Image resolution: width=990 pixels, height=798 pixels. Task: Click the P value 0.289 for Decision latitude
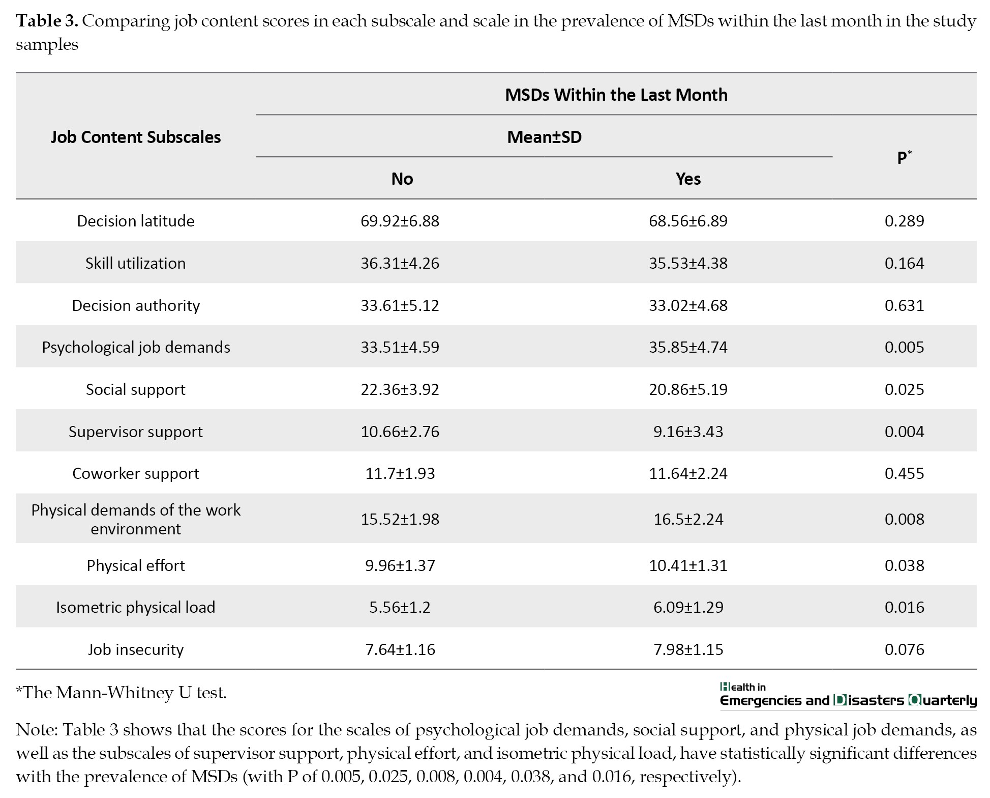point(904,221)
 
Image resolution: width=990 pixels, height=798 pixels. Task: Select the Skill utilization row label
point(136,263)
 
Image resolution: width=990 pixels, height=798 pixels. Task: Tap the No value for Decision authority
point(400,305)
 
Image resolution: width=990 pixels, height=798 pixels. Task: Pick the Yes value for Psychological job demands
point(688,347)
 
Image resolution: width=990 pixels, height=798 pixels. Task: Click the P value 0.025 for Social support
point(904,389)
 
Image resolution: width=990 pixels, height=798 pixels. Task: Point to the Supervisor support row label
point(136,432)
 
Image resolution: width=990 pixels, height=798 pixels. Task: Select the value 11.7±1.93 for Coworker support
point(400,473)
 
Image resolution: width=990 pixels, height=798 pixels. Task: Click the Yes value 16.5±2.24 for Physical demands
point(688,519)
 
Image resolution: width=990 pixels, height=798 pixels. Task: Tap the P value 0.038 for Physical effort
point(904,565)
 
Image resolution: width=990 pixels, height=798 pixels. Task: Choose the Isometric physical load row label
point(136,607)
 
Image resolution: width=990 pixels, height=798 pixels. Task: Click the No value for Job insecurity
point(400,649)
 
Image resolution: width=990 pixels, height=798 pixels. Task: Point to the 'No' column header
point(402,179)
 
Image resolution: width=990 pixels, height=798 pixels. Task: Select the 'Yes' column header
point(688,179)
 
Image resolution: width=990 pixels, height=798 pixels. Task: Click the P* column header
point(904,157)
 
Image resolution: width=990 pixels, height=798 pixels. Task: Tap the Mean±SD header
point(544,137)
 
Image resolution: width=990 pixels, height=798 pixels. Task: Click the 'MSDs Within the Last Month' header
point(616,95)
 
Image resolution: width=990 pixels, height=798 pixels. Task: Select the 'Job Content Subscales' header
point(136,137)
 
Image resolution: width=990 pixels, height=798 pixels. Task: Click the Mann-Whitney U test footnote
point(122,693)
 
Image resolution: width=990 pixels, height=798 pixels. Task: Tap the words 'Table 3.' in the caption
point(47,21)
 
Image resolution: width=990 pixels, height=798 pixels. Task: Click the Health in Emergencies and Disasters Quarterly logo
point(848,695)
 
